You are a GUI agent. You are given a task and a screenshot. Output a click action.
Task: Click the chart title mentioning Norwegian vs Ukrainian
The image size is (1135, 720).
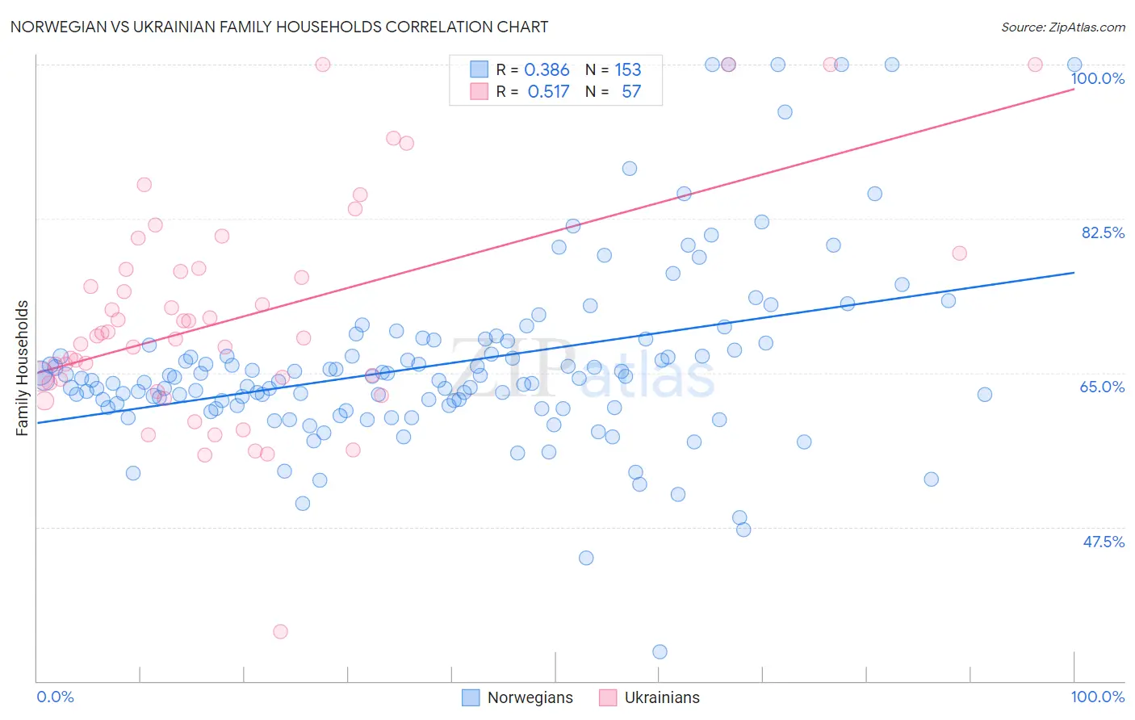[279, 27]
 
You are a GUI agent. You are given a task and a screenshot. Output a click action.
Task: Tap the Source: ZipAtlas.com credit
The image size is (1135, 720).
[1062, 27]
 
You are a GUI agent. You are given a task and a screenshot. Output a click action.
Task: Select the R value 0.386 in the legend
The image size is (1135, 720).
[547, 70]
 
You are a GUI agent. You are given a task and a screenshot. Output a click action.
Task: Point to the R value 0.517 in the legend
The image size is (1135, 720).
[548, 92]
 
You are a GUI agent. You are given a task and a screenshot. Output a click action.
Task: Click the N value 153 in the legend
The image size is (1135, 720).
[627, 70]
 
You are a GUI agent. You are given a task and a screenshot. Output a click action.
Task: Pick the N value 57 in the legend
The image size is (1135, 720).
[630, 92]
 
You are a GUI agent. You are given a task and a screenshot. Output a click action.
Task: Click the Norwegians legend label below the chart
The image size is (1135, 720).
[530, 697]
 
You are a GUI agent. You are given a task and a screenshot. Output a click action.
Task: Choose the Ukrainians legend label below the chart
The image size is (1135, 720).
[662, 697]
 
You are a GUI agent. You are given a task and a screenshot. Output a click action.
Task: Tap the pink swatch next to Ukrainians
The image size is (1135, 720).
[608, 697]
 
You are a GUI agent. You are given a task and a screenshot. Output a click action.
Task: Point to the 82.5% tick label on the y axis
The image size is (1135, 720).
[1103, 232]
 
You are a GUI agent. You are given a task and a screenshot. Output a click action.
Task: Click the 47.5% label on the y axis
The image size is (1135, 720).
[1103, 542]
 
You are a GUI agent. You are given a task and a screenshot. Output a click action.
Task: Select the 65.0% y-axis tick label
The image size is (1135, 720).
[1103, 387]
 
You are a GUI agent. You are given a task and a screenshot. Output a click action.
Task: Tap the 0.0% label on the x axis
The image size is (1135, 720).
[55, 697]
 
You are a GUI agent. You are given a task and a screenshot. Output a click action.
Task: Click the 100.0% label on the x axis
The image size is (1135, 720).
[1097, 697]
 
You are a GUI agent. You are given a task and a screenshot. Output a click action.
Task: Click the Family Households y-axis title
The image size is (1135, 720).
[23, 368]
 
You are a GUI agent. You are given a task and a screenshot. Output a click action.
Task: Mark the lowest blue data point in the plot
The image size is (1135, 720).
[660, 651]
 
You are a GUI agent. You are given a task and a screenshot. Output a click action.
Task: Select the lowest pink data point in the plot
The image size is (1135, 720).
[280, 631]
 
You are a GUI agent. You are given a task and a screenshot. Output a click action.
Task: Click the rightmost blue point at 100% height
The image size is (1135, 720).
[1074, 65]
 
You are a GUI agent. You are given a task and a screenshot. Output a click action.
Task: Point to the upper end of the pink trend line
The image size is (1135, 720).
[1074, 89]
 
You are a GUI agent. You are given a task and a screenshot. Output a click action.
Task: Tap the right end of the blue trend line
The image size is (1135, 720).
[1074, 273]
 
